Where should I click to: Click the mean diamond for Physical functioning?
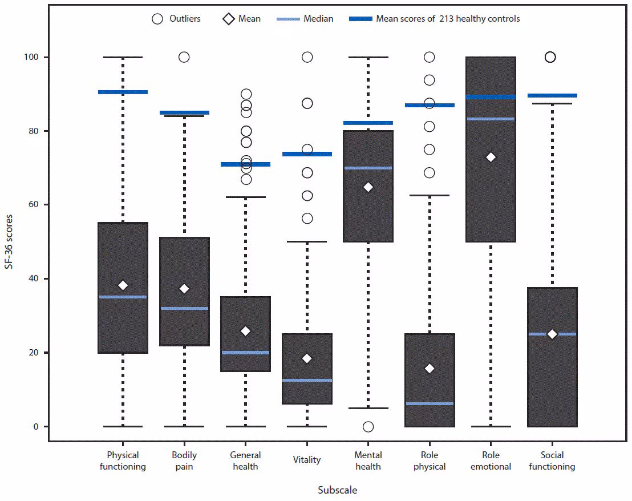tap(123, 285)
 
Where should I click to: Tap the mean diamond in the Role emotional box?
tap(491, 157)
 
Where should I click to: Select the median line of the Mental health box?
tap(368, 168)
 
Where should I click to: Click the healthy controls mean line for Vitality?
tap(307, 154)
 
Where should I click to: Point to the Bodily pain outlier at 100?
tap(184, 57)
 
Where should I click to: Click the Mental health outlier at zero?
tap(368, 427)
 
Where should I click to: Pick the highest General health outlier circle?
tap(246, 94)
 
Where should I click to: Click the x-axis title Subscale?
tap(338, 490)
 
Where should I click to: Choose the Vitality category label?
tap(307, 460)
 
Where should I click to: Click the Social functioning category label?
tap(552, 461)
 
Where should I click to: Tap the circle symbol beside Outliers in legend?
tap(157, 19)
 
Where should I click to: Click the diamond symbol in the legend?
tap(228, 19)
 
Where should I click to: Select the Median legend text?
tap(319, 19)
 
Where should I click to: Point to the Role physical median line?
tap(430, 403)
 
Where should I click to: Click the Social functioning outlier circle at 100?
tap(550, 57)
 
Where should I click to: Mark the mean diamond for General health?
tap(246, 331)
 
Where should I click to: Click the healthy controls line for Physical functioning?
tap(123, 92)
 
